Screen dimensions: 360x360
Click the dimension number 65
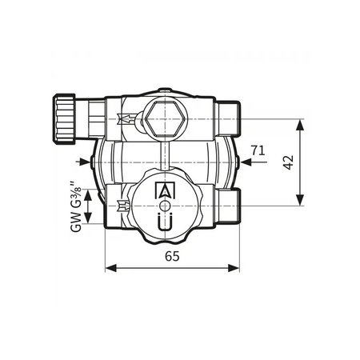point(172,256)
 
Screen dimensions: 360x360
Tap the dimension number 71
point(258,150)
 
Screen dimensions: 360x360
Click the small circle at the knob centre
point(164,206)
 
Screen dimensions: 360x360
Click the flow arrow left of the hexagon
point(126,121)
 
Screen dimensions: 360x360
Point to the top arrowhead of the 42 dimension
point(301,125)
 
